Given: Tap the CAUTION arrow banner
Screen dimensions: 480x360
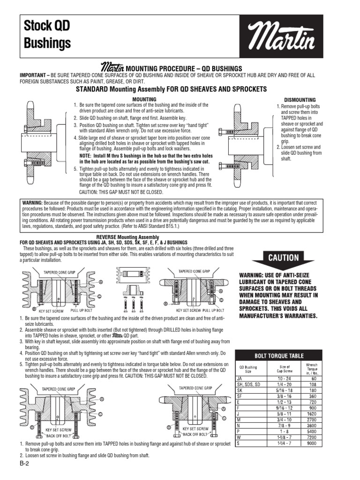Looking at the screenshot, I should (x=283, y=257).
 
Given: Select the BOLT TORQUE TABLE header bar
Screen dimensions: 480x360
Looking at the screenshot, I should (x=278, y=355).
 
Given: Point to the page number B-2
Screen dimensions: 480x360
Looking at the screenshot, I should (x=24, y=464).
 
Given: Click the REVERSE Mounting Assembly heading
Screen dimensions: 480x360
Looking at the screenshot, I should (x=127, y=237).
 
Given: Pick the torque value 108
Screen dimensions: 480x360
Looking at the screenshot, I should (x=311, y=383).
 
